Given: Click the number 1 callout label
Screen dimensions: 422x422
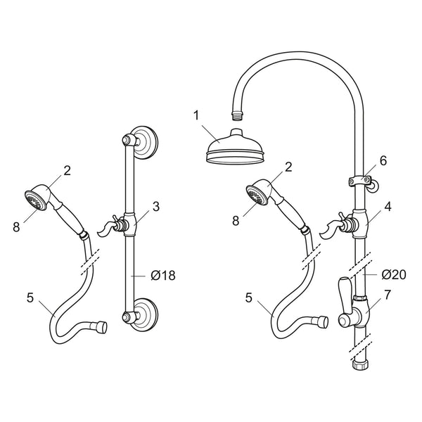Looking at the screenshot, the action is pos(196,115).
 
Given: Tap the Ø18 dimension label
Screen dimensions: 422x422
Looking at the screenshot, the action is pos(163,275).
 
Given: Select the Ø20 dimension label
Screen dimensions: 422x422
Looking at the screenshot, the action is pos(394,274).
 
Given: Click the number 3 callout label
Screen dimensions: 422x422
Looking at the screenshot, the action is pos(156,206).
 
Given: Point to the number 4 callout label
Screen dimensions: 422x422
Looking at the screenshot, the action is pos(388,206).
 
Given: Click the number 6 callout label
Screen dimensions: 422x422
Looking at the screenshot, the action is pos(383,160).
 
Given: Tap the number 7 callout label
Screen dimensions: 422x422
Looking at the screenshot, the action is pos(388,295).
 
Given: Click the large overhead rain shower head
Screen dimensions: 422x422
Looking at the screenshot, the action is pos(234,147).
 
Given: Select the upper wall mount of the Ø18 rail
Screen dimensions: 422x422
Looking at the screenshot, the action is pos(141,142).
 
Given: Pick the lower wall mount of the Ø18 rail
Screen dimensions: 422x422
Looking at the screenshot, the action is pos(141,314).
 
